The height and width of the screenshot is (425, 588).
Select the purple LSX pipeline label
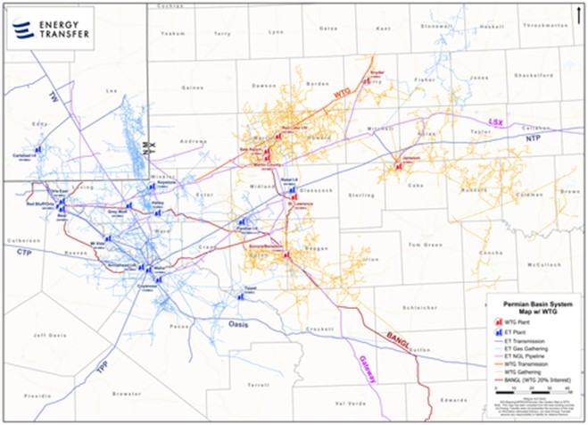coord(495,121)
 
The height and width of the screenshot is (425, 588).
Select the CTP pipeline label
coord(24,253)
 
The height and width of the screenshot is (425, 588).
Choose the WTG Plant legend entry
coord(516,320)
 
